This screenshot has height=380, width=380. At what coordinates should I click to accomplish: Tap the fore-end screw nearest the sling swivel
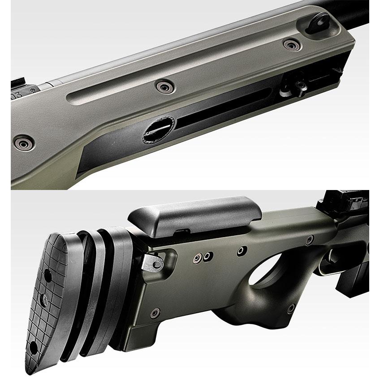[292, 44]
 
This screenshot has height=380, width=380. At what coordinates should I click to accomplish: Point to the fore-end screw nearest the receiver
[23, 143]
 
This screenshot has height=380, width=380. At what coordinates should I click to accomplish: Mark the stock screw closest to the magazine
[310, 241]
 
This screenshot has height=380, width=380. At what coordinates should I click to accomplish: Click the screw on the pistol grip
[291, 308]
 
